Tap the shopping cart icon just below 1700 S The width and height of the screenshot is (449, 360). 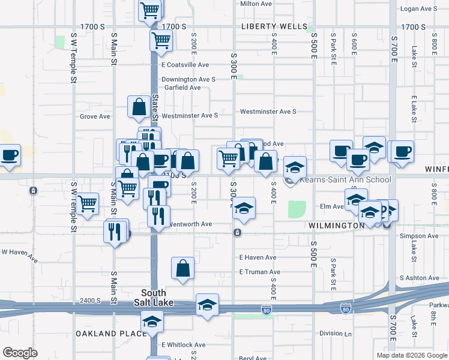161,40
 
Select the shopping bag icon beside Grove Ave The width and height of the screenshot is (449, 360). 139,107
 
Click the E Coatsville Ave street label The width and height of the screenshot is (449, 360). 185,65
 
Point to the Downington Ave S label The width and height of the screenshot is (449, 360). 188,79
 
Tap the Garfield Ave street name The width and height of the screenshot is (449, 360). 182,88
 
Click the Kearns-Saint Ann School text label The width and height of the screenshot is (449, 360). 345,179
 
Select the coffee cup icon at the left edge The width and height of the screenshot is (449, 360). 10,155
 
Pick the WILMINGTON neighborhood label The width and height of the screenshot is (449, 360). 337,226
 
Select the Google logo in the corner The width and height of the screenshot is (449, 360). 20,353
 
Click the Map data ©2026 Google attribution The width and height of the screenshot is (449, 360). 411,355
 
